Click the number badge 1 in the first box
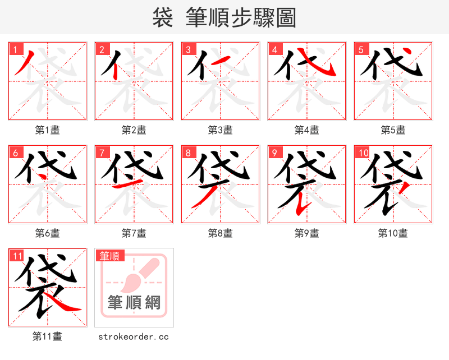click(15, 49)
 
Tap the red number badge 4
click(274, 49)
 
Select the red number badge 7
click(102, 153)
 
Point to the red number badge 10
click(363, 153)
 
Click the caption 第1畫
click(48, 130)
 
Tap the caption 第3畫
click(221, 130)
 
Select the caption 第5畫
click(393, 130)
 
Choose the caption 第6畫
click(48, 233)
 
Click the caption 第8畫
click(221, 233)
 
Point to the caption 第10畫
click(393, 233)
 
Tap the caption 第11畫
click(48, 336)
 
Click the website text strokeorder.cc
click(134, 336)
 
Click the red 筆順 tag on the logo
click(109, 256)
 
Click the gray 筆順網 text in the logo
click(134, 303)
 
